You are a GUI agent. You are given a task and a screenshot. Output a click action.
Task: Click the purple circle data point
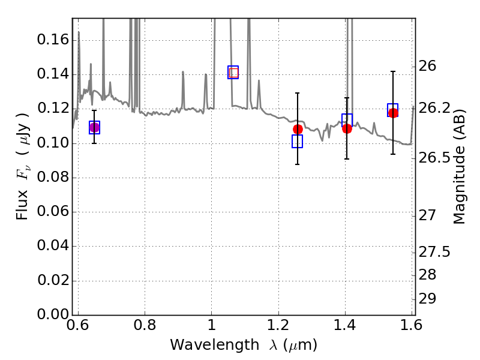94,127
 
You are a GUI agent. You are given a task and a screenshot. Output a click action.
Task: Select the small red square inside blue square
233,73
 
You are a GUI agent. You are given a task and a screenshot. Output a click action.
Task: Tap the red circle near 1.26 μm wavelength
298,129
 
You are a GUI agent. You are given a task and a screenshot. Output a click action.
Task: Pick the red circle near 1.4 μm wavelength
347,128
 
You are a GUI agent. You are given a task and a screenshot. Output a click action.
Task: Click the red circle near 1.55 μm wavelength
393,113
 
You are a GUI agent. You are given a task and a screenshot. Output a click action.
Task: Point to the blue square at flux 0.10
297,141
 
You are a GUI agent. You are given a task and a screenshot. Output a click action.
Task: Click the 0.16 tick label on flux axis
53,40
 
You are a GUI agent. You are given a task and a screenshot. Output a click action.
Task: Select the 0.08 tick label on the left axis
53,177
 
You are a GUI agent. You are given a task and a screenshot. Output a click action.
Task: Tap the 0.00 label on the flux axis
53,314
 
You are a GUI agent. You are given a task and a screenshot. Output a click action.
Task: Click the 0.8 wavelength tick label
145,325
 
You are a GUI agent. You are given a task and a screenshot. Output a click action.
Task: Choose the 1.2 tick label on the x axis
278,325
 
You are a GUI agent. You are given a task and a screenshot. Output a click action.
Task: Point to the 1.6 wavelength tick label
411,325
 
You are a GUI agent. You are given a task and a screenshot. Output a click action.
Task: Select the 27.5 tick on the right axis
434,251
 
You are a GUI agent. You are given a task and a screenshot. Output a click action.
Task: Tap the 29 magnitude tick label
427,298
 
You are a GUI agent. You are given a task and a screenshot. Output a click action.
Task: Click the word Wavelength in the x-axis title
215,345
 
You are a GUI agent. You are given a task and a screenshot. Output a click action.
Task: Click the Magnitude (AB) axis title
458,167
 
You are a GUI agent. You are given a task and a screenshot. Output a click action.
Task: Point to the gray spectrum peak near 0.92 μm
183,71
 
